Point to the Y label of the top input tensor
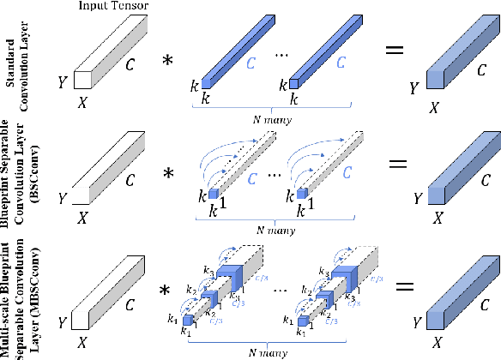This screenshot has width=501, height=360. tap(60, 83)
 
